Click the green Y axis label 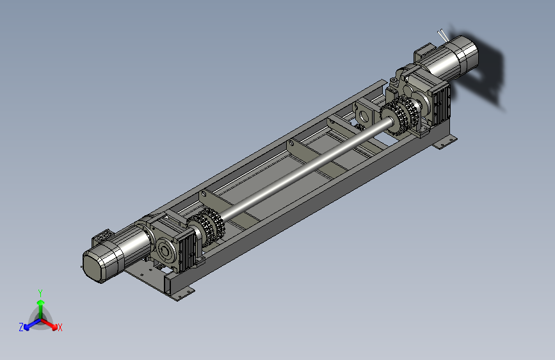coord(40,293)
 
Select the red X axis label coord(60,327)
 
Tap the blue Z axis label coord(21,327)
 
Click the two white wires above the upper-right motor coord(442,35)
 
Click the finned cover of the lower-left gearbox coord(188,251)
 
